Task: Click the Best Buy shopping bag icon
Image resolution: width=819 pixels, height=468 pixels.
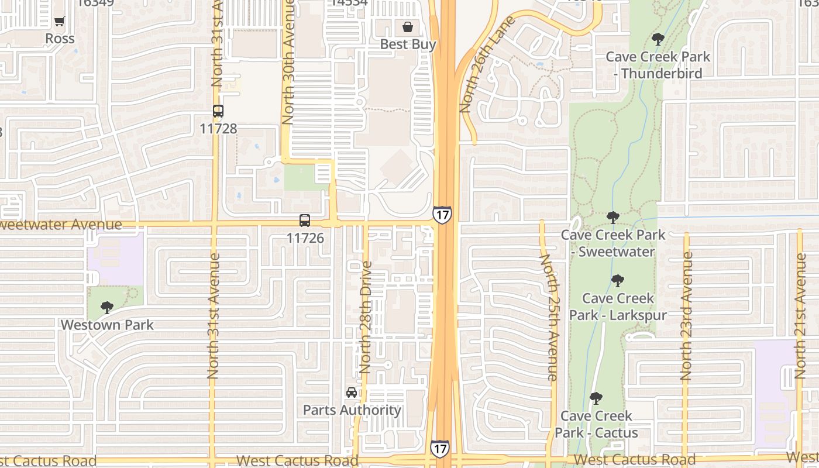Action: tap(408, 27)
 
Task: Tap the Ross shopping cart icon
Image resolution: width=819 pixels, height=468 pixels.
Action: tap(59, 22)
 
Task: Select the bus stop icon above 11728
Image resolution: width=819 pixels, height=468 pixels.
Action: tap(218, 111)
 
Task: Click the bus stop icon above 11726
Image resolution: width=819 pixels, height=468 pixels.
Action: tap(304, 221)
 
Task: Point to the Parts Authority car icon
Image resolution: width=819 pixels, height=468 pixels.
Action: tap(351, 393)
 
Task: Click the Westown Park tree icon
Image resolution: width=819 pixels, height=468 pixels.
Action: tap(106, 307)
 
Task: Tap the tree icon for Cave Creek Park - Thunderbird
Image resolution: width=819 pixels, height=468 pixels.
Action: tap(658, 39)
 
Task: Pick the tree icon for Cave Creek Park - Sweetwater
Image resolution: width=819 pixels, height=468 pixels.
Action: tap(612, 218)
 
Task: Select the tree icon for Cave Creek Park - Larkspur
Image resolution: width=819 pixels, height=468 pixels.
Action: tap(617, 281)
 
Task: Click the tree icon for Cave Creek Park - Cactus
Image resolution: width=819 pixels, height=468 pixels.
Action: tap(596, 398)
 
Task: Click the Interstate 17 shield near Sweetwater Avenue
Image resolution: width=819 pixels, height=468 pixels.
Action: tap(442, 215)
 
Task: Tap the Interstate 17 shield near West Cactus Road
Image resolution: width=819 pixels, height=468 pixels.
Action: tap(440, 449)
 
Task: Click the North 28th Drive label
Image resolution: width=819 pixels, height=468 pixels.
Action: tap(366, 318)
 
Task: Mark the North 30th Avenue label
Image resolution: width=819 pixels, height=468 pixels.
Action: tap(288, 61)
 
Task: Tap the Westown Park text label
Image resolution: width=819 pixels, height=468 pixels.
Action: tap(107, 325)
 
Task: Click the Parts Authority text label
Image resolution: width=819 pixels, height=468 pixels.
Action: tap(352, 410)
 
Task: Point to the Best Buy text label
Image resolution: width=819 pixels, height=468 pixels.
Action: tap(408, 44)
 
